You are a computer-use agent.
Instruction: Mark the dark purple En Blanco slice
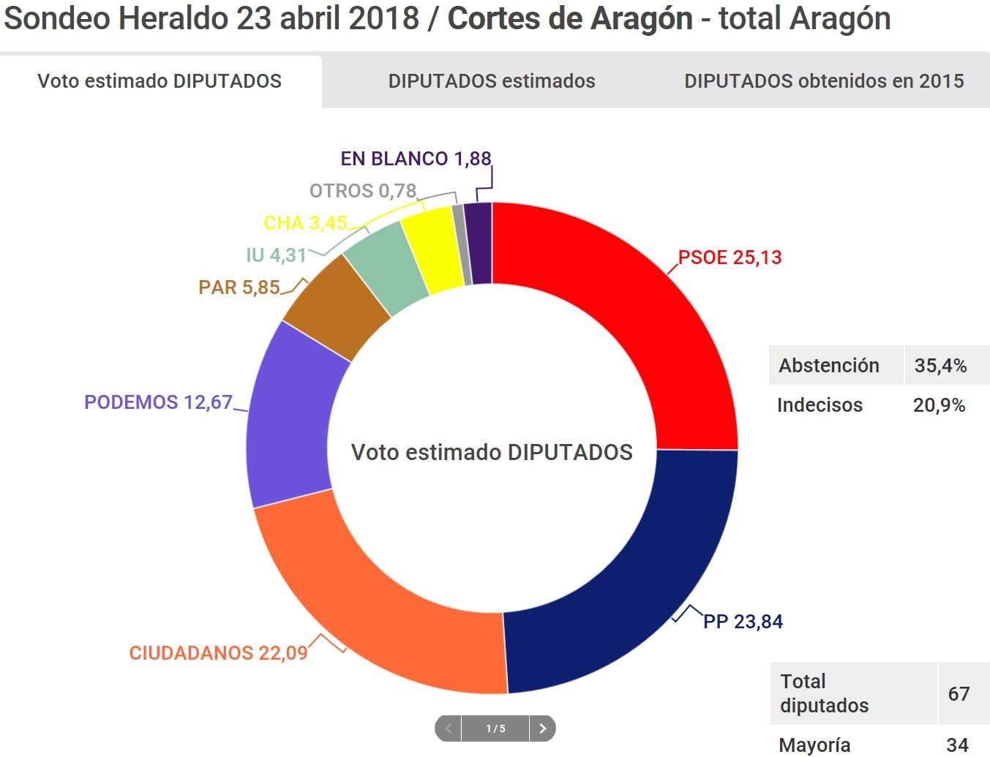[x=479, y=243]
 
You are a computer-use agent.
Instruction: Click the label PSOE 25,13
[x=730, y=257]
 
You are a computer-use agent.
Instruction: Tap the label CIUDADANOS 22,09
[x=218, y=653]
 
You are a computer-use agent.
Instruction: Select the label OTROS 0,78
[x=363, y=191]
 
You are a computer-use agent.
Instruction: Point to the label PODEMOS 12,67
[x=158, y=402]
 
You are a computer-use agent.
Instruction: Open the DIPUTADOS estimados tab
[x=492, y=81]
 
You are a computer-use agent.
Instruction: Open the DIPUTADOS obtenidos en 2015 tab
[x=824, y=81]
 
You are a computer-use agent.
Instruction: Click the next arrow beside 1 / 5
[x=542, y=728]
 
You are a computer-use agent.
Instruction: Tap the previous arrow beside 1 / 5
[x=448, y=728]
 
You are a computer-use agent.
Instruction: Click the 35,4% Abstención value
[x=940, y=366]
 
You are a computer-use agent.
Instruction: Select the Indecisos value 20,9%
[x=939, y=405]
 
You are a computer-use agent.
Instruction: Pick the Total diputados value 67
[x=959, y=693]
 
